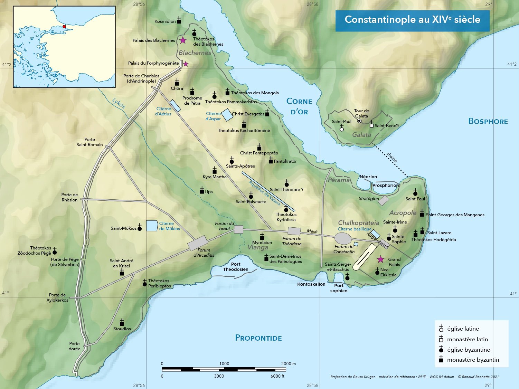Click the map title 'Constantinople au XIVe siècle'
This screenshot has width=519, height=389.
412,20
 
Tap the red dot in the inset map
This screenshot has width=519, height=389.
64,27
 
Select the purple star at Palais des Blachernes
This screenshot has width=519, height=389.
183,40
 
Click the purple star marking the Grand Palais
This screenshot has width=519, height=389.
380,259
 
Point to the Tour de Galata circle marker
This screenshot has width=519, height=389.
359,121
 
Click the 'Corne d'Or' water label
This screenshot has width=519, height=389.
299,106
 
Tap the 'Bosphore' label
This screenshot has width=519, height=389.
488,121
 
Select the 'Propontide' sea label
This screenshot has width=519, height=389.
258,338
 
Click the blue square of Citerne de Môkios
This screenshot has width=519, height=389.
152,226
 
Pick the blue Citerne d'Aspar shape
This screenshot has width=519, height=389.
227,115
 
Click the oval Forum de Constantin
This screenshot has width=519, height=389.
343,238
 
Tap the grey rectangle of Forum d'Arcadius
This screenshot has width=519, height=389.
198,243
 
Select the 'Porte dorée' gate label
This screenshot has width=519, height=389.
74,346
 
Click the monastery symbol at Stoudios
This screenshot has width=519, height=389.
122,323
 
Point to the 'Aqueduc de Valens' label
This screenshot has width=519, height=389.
264,192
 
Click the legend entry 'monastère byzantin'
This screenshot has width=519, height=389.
473,360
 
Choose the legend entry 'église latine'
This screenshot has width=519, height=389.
463,329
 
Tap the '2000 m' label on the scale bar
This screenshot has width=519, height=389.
289,363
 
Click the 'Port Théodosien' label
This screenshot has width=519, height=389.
236,267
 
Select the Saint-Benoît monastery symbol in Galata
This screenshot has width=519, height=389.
371,125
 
